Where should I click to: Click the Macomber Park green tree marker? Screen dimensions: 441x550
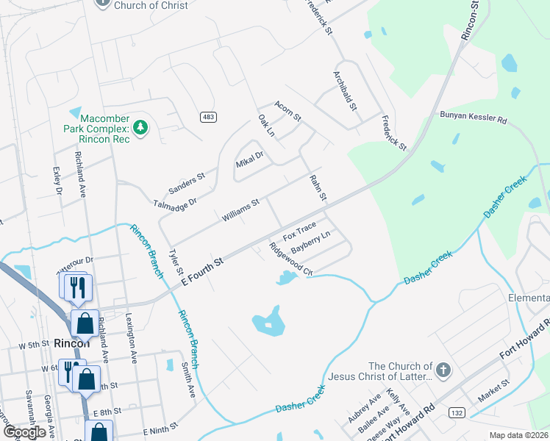142,128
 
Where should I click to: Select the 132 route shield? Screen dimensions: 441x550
457,414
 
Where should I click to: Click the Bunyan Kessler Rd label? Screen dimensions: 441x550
474,118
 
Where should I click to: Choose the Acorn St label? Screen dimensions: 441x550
288,112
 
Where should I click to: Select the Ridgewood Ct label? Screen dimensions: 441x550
291,259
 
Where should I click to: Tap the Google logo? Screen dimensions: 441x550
25,432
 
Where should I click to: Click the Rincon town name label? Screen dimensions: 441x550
72,343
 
